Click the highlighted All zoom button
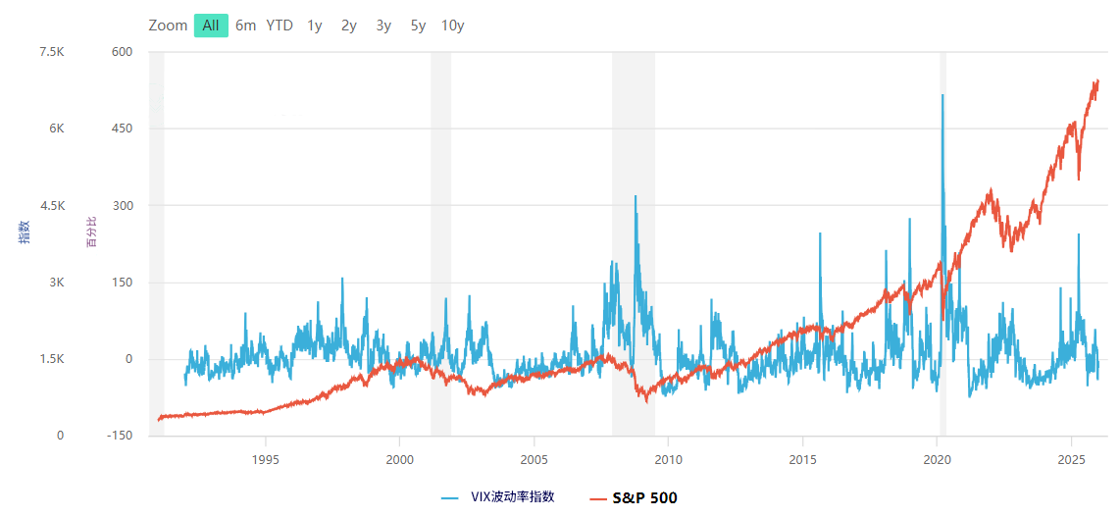click(x=211, y=26)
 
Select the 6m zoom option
click(x=245, y=26)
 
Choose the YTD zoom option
click(x=280, y=26)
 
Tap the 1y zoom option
click(x=314, y=26)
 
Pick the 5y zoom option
click(x=418, y=26)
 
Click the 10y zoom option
click(x=452, y=26)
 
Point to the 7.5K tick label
click(x=51, y=52)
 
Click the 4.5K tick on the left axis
click(x=51, y=206)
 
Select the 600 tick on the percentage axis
click(x=121, y=52)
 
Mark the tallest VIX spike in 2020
click(x=942, y=95)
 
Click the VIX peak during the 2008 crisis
click(x=636, y=196)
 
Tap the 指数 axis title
click(x=25, y=232)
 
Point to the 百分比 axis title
click(x=92, y=232)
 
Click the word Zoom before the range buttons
click(x=168, y=26)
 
